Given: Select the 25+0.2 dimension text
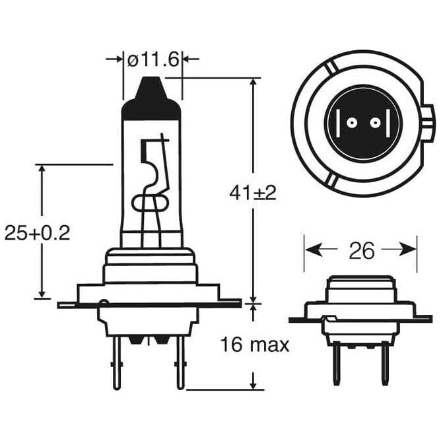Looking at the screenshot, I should (x=38, y=232).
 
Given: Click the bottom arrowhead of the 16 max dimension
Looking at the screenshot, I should (x=254, y=383).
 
